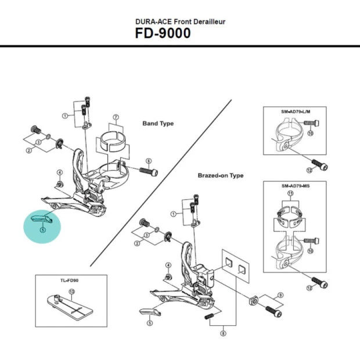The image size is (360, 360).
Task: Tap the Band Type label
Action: coord(158,123)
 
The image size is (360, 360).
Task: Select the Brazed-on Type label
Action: coord(220,175)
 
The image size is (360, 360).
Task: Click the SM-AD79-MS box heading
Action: coord(294,186)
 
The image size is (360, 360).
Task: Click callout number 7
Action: coord(116,118)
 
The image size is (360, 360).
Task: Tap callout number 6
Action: coord(148,161)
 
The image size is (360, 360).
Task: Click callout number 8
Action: coord(223,333)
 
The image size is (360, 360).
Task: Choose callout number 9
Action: coord(280,295)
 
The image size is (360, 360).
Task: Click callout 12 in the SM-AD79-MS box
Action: coord(309,287)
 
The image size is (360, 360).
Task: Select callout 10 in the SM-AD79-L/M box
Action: coord(309,133)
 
